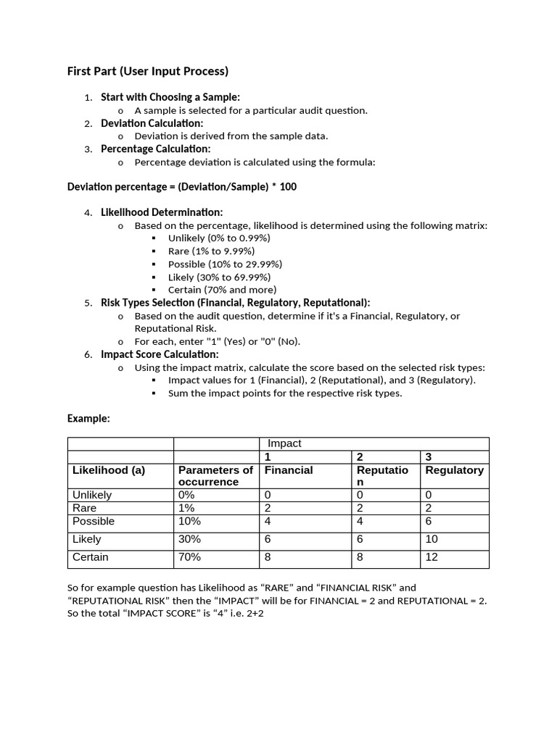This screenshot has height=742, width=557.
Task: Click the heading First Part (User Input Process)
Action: (147, 71)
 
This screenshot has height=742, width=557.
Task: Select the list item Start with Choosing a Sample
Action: (170, 97)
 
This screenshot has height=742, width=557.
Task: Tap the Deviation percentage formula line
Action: (181, 187)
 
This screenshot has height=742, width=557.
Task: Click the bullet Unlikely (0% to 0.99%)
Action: (218, 238)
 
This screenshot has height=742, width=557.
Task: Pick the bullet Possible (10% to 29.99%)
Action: (225, 264)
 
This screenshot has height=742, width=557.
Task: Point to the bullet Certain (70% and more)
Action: (222, 290)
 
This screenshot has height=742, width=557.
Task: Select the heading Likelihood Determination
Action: (162, 212)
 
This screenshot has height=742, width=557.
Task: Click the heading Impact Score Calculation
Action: (159, 354)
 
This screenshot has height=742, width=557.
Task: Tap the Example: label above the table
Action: (88, 418)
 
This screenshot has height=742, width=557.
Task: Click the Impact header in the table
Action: (284, 443)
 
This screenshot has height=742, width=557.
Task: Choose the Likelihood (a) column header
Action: (109, 470)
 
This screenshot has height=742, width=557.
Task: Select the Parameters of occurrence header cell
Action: (215, 476)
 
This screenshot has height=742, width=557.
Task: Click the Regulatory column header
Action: (454, 470)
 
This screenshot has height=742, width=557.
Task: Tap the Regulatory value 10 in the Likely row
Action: (432, 539)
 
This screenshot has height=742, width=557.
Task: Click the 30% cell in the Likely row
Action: (189, 539)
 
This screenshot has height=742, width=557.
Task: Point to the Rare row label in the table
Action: (84, 508)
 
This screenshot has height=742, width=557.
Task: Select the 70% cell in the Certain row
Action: (189, 557)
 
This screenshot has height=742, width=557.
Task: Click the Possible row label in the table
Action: (93, 521)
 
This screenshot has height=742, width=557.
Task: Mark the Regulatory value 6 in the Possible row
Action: (429, 521)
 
